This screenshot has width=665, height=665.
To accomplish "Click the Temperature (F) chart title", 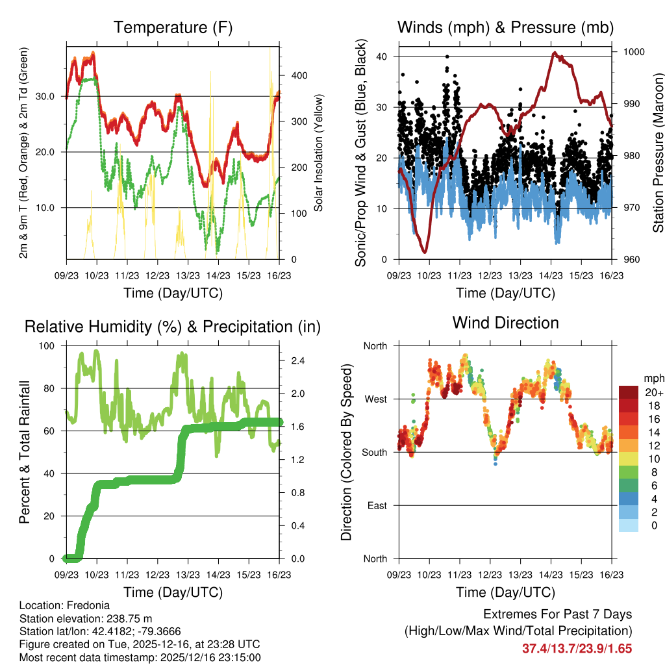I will point(173,27).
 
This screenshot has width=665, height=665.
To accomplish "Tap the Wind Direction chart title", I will point(505,322).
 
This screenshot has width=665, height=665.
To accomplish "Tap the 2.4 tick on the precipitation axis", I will point(297,361).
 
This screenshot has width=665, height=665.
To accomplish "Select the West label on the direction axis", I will point(375,399).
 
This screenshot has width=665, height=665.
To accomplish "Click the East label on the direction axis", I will point(376,505).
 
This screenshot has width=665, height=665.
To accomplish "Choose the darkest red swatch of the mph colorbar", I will point(629,392).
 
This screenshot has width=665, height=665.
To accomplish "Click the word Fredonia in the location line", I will point(83,604).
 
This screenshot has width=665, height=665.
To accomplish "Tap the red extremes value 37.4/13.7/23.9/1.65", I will point(577,648).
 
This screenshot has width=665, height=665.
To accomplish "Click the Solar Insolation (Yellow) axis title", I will point(319,153).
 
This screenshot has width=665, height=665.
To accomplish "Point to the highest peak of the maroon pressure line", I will point(555,53).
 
